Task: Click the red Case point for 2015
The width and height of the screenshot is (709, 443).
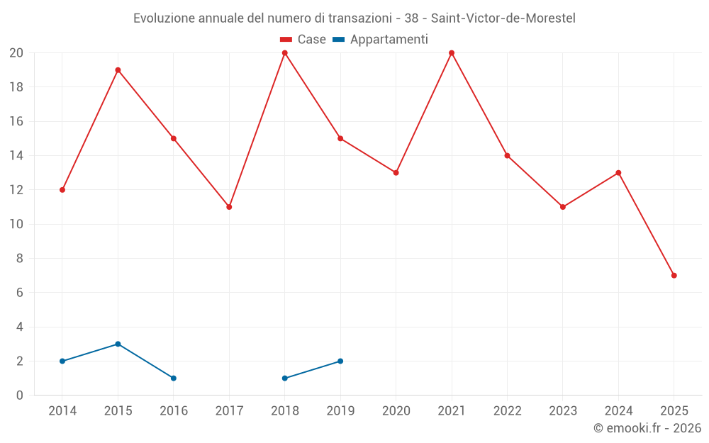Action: coord(118,70)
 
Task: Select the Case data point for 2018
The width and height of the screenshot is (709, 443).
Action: coord(285,53)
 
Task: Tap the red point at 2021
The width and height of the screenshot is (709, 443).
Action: coord(452,53)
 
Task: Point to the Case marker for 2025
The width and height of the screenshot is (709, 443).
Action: coord(674,276)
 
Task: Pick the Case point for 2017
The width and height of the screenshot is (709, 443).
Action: coord(229,207)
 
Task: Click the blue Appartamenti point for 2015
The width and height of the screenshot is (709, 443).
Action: coord(118,344)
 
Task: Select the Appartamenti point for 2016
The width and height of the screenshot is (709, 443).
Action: coord(174,378)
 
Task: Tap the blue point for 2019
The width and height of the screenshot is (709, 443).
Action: coord(340,361)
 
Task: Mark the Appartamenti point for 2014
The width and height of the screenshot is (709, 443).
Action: coord(62,361)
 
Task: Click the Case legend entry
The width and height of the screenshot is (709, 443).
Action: coord(303,40)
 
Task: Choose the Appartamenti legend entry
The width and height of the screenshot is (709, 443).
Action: coord(381,40)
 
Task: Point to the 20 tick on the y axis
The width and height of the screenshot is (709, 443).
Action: coord(16,53)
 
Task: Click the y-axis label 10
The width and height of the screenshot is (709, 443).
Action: coord(16,224)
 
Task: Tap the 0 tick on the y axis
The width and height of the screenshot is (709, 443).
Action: coord(20,396)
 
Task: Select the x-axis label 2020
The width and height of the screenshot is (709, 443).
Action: coord(396,411)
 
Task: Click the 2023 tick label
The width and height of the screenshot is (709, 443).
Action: coord(563,411)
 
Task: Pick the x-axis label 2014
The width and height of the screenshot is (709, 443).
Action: coord(62,411)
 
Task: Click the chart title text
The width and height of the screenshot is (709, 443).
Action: coord(354,18)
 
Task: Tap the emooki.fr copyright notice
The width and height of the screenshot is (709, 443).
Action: coord(647,428)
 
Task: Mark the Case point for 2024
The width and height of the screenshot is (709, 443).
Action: coord(618,173)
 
